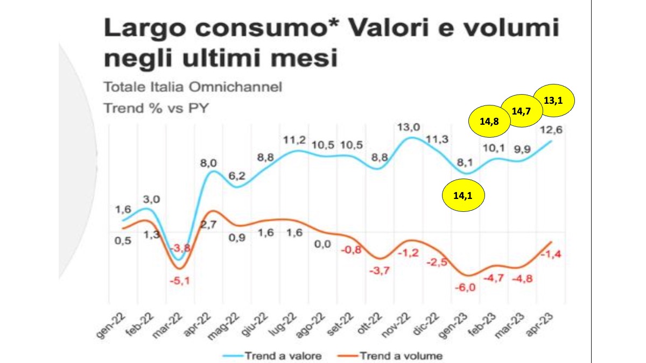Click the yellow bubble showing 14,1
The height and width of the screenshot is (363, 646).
pos(464,197)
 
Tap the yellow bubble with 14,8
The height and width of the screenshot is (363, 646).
pos(489,122)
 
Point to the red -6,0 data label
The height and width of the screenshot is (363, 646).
pos(466,288)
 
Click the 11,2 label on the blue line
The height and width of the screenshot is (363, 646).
pos(294,140)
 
